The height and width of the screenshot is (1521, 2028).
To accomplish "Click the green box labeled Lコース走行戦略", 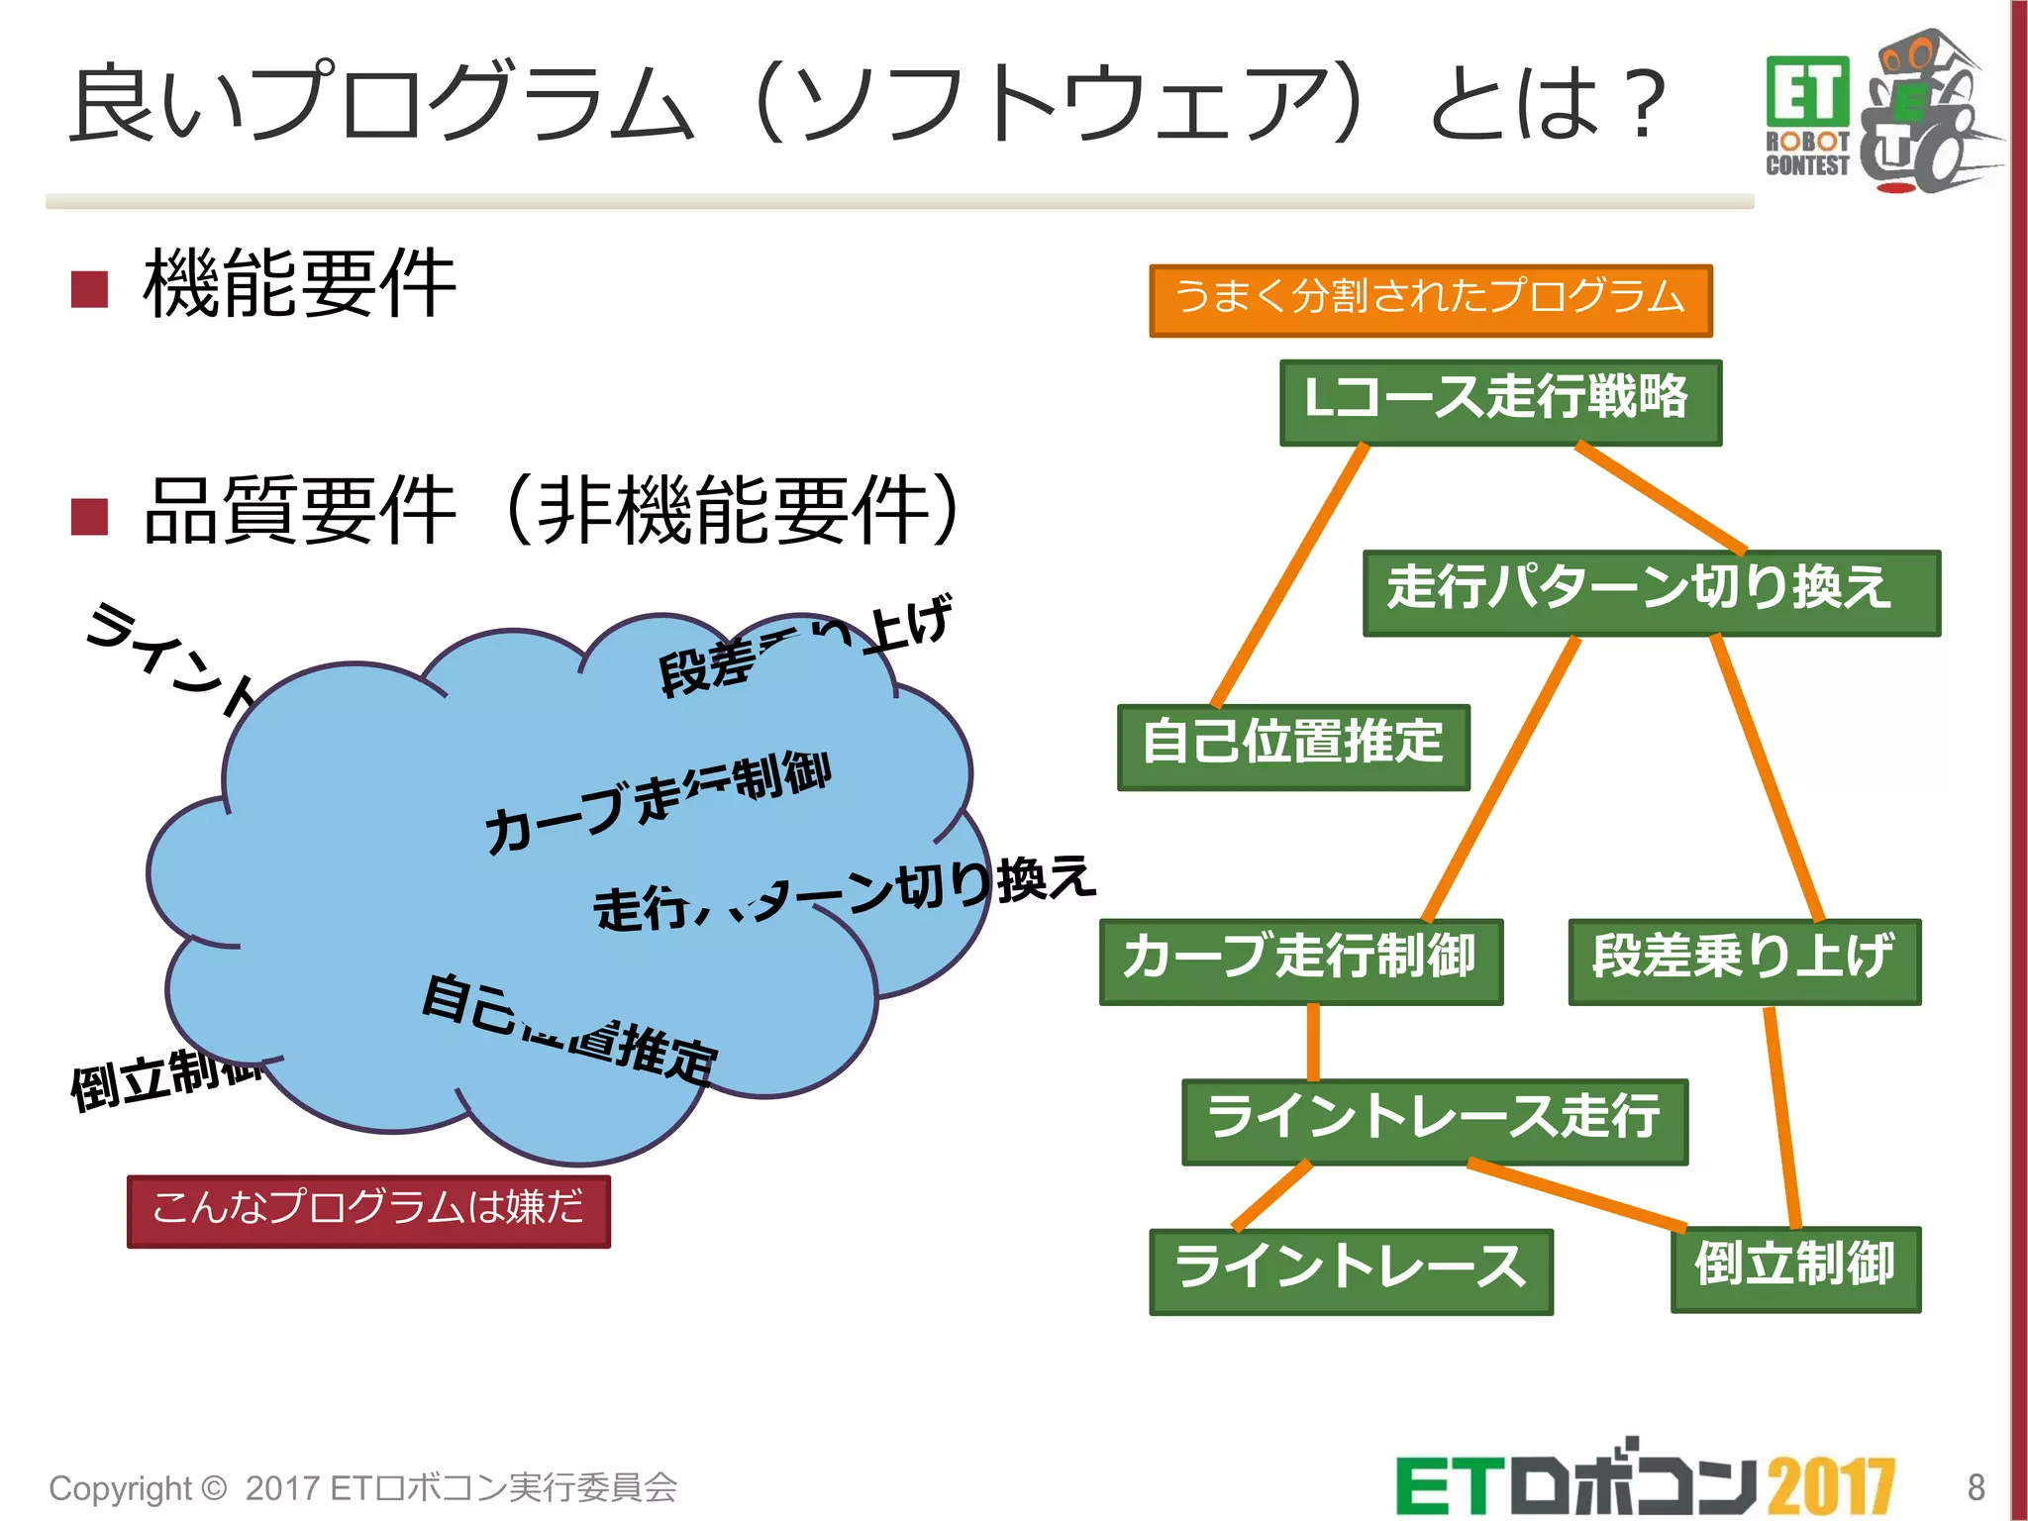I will (1499, 401).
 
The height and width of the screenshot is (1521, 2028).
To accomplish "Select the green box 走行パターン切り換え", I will (1651, 591).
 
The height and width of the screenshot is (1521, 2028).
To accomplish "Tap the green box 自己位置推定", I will (1292, 746).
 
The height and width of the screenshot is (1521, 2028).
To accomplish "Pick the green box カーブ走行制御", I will (1300, 961).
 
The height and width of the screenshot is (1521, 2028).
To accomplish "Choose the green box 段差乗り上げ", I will (1744, 961).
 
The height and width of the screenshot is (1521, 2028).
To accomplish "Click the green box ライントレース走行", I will (1434, 1120).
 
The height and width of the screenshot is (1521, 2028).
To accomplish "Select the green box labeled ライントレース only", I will (1350, 1270).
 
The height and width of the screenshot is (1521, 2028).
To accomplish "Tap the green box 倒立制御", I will (1795, 1268).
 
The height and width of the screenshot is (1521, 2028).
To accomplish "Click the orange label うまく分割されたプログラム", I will (1430, 300).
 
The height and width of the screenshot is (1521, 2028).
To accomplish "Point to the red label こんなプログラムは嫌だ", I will (368, 1210).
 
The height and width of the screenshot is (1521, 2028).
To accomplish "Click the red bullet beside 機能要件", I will (90, 289).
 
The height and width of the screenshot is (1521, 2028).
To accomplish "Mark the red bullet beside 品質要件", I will (90, 516).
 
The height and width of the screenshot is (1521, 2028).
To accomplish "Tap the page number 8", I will (1976, 1486).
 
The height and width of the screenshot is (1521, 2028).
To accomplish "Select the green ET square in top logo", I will (1807, 91).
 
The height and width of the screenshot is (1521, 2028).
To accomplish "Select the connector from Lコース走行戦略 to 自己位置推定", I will (1289, 574).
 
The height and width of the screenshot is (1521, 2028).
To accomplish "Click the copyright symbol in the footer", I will (214, 1487).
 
